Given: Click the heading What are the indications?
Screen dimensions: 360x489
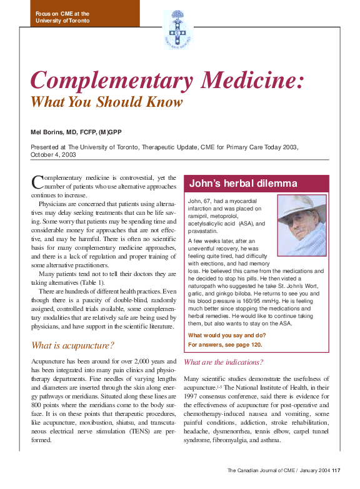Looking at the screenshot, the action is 224,362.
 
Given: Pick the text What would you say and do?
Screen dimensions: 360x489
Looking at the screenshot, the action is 227,335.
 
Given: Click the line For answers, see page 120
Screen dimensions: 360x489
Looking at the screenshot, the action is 225,344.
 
